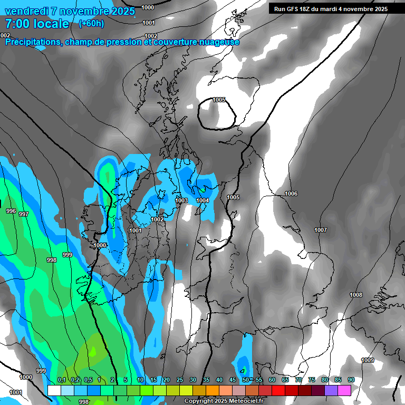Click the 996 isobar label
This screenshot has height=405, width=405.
click(11, 211)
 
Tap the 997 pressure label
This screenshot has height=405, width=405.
click(23, 214)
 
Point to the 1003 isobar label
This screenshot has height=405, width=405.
click(181, 200)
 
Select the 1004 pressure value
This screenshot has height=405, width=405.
click(202, 200)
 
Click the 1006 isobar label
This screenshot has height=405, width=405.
click(291, 194)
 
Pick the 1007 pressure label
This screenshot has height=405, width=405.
click(320, 230)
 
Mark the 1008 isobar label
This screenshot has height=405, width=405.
click(356, 295)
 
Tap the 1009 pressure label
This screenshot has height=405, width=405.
click(368, 360)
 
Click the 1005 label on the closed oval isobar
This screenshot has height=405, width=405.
click(219, 100)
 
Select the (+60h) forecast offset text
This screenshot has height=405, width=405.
click(91, 24)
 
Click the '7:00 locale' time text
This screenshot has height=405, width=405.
click(37, 24)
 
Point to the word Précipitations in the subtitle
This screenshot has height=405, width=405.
click(32, 42)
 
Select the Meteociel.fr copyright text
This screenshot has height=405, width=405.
click(224, 401)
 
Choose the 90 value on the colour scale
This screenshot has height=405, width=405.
click(351, 380)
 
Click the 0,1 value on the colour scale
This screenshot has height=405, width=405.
click(62, 380)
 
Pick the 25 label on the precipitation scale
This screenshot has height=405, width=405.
click(180, 380)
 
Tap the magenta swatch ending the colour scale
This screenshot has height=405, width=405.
click(344, 390)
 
